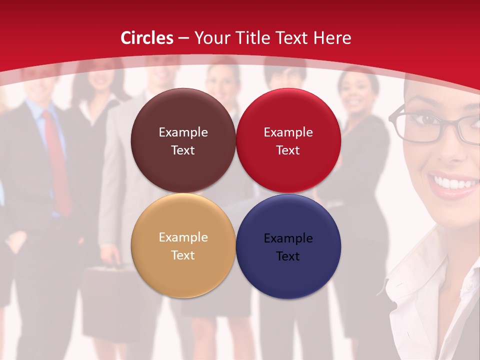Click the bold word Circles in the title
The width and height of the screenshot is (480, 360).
(x=147, y=38)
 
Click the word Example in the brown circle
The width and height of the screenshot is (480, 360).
(x=183, y=132)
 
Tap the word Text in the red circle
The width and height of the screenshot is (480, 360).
(x=288, y=150)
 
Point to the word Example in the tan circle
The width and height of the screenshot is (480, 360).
(x=183, y=237)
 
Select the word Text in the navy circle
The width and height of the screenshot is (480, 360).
(x=288, y=256)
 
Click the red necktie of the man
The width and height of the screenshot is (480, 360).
(x=58, y=160)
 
